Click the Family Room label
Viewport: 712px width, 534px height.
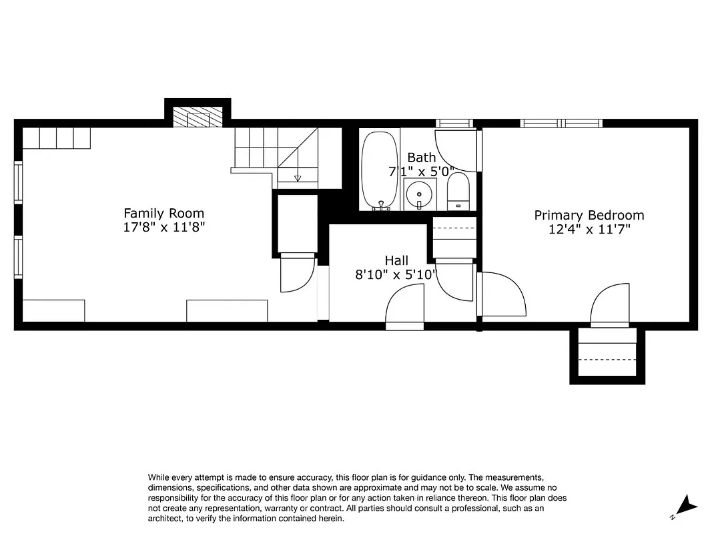point(163,213)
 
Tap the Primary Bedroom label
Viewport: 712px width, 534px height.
point(589,215)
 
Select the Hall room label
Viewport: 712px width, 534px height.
point(396,260)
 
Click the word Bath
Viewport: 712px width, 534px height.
point(421,158)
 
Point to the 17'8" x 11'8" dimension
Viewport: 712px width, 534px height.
point(163,227)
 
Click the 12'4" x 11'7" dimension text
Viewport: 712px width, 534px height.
point(589,229)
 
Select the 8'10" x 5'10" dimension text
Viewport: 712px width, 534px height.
point(396,274)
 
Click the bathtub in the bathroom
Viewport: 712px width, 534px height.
point(380,170)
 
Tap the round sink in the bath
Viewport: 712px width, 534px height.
point(419,194)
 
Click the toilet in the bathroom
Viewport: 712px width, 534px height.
point(458,191)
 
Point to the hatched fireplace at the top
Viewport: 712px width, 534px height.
point(197,118)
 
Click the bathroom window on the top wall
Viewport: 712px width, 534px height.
point(454,123)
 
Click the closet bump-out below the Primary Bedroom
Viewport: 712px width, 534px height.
point(607,355)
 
